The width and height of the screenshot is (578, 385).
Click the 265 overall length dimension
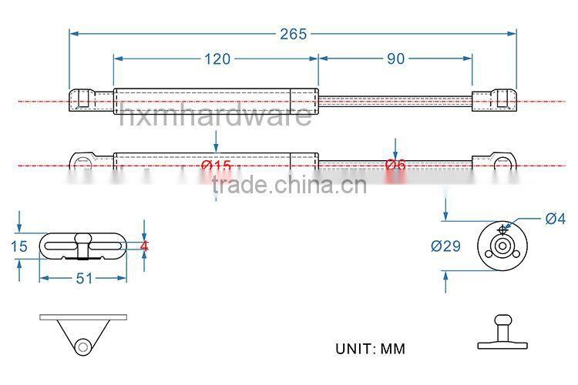click(x=293, y=33)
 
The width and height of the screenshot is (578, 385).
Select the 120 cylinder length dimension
click(x=216, y=59)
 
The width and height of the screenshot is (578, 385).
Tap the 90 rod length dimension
click(x=395, y=59)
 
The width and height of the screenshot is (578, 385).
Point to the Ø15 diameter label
click(x=216, y=166)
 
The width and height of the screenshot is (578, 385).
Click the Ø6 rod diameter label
click(x=395, y=166)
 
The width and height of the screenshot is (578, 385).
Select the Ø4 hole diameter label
click(x=555, y=219)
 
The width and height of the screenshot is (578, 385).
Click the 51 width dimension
click(x=83, y=278)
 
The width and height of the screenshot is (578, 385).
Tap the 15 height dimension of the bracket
click(x=20, y=246)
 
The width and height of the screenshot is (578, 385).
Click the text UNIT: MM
click(x=370, y=348)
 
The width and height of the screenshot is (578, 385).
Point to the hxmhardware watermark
click(x=216, y=115)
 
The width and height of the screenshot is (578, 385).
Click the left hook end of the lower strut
click(x=84, y=162)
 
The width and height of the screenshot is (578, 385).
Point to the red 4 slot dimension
click(x=144, y=246)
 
